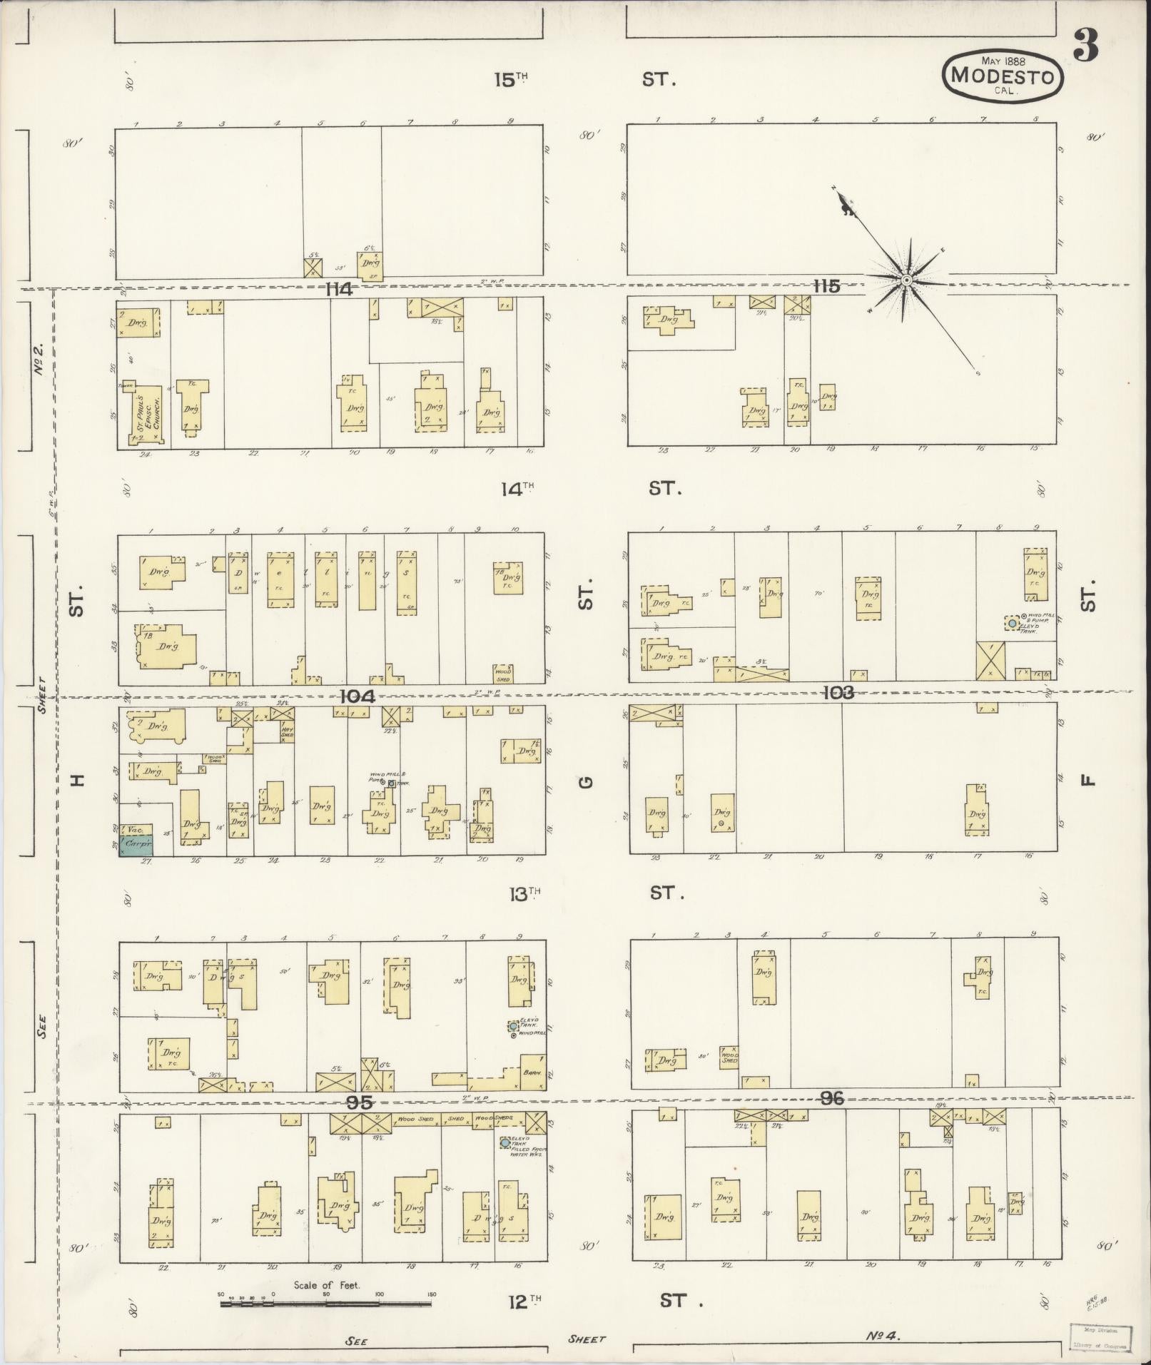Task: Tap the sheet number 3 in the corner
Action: click(1085, 47)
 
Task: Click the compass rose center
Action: click(906, 280)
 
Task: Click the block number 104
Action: click(358, 696)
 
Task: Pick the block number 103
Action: click(838, 692)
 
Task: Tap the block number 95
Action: click(359, 1102)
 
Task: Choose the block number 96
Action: click(832, 1099)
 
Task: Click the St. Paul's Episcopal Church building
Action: click(146, 414)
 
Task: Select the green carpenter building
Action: click(136, 846)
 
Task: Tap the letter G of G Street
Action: click(586, 782)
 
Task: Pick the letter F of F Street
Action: click(1087, 780)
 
